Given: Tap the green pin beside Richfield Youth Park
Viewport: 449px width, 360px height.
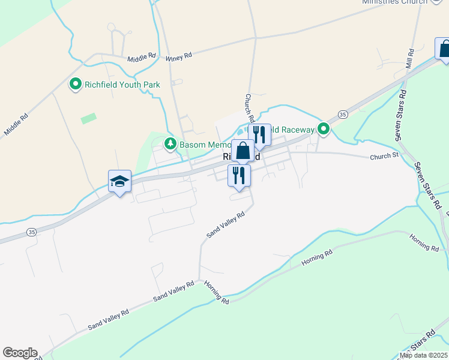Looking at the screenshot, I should [76, 85].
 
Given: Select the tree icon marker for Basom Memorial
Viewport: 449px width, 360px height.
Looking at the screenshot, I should [171, 144].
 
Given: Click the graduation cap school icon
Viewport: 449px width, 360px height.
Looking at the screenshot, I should [119, 181].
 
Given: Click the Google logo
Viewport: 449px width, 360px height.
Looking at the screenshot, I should [20, 353].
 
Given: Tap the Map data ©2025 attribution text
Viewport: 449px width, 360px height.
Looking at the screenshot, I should [423, 355].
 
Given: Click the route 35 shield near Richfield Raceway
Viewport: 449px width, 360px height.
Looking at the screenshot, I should [342, 114].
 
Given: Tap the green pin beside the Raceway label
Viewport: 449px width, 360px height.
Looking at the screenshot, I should [324, 129].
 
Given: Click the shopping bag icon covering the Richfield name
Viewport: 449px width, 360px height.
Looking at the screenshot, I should [243, 151].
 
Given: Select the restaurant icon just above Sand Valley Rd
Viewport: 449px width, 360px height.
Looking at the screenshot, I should [239, 175].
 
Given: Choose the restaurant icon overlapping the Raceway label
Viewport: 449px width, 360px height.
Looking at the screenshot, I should [259, 134].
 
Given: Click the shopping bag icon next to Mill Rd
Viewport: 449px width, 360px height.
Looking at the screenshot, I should [444, 49].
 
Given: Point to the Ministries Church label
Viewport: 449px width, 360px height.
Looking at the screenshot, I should [394, 2].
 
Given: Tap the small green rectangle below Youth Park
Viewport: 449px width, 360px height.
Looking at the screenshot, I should [89, 118].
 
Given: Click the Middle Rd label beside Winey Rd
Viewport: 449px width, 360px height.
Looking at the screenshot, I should [142, 58].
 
